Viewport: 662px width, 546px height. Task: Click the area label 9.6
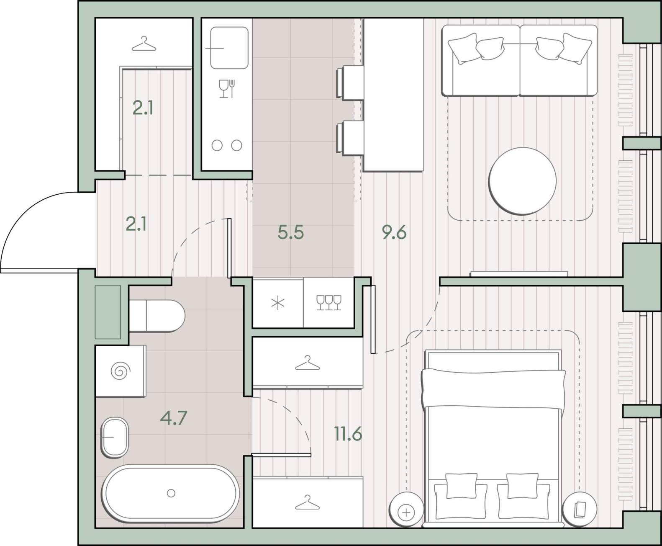[394, 232]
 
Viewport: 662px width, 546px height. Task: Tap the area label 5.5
[291, 232]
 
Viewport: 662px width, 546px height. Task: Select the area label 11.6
[348, 434]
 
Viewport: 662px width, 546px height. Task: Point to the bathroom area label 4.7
[174, 418]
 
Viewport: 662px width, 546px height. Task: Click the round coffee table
[523, 181]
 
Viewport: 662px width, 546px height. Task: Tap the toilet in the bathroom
[157, 316]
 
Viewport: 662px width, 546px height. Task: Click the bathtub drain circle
[171, 493]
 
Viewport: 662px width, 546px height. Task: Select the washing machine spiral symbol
[121, 371]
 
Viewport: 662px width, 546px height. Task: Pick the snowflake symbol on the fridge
[278, 303]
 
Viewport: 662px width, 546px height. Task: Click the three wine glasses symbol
[329, 303]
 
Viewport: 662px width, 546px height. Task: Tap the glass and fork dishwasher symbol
[227, 88]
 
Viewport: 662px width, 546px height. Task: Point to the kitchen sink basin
[229, 48]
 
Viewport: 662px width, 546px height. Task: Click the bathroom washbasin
[115, 437]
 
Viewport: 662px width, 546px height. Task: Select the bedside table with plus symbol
[406, 510]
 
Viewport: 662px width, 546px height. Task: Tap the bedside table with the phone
[579, 510]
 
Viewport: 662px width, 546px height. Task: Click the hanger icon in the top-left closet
[144, 44]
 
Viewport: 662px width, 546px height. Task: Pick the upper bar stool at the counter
[350, 82]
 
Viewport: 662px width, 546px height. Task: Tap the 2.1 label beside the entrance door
[136, 224]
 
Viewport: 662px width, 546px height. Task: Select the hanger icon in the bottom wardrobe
[307, 502]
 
